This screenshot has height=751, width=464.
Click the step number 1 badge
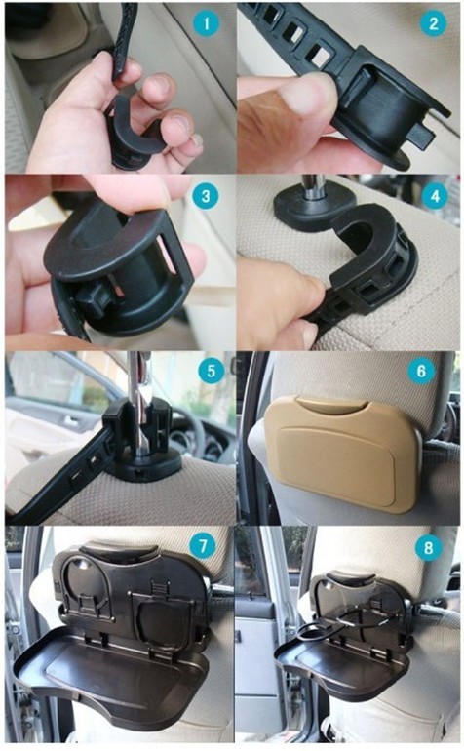point(207,23)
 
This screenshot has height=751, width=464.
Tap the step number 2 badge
point(434,23)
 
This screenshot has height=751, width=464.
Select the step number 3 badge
point(206,196)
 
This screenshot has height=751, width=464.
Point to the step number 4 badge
point(435,196)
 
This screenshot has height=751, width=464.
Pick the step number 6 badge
point(421,371)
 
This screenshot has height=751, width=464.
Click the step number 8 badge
point(428,546)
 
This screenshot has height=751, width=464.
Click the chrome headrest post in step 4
point(313,188)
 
